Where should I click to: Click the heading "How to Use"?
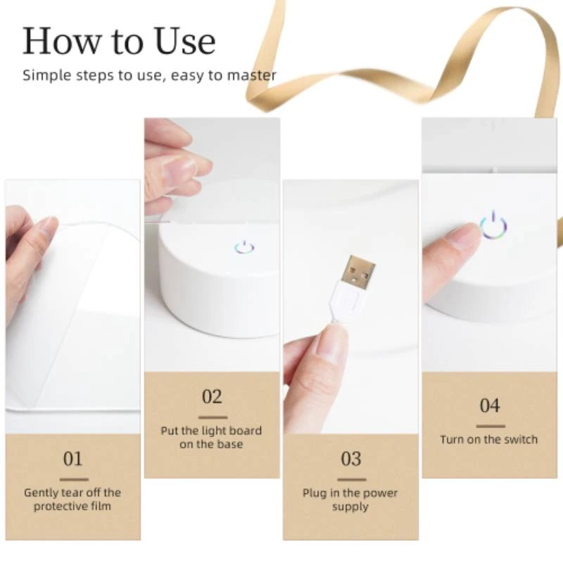(x=118, y=42)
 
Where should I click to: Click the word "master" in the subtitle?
(x=250, y=75)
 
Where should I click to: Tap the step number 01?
(x=72, y=460)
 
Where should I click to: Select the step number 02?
(x=212, y=397)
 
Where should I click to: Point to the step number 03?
(x=350, y=460)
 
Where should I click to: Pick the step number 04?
(x=490, y=406)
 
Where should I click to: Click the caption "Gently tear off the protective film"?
(x=72, y=499)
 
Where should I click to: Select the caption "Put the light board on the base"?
(x=211, y=437)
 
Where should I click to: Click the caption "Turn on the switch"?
(x=488, y=439)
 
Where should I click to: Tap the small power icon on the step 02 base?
(x=244, y=247)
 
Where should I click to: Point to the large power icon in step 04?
(x=494, y=224)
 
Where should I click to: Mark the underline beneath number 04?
(x=490, y=425)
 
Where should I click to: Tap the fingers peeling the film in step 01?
(x=35, y=239)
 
